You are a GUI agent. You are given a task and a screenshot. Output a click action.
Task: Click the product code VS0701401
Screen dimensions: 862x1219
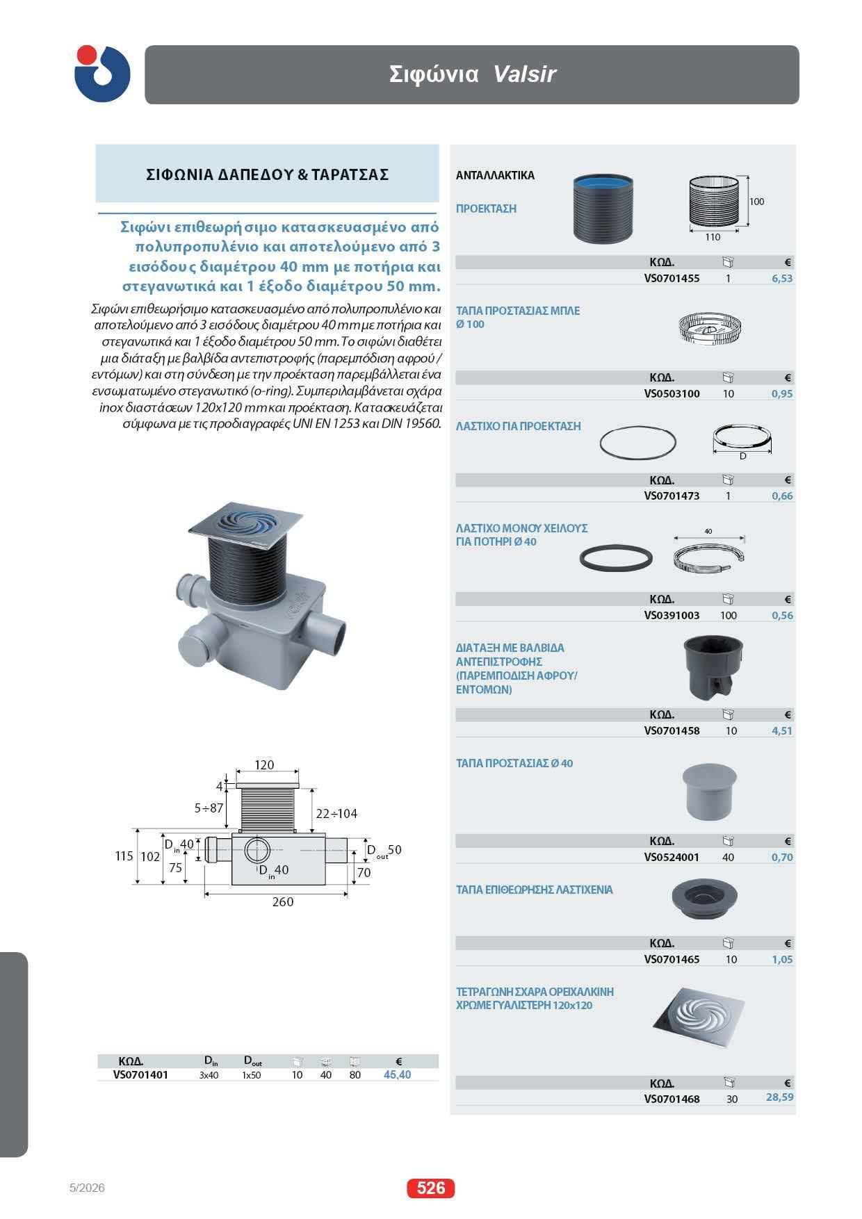(x=140, y=1074)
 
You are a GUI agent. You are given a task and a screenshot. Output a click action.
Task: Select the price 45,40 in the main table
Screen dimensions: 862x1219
(x=397, y=1074)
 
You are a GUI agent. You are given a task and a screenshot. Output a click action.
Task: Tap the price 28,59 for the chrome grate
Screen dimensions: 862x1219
(x=779, y=1097)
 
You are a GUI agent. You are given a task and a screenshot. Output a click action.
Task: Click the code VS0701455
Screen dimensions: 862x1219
(x=672, y=278)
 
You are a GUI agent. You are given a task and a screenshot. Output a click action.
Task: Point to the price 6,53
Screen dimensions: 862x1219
(x=782, y=278)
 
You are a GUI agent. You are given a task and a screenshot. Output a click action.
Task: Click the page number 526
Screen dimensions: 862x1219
(x=430, y=1188)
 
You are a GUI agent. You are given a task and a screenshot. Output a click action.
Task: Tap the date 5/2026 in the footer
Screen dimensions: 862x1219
(x=87, y=1188)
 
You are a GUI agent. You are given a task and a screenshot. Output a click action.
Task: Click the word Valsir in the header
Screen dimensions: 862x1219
(x=524, y=74)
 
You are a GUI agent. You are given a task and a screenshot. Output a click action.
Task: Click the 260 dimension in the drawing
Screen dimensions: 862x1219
(x=283, y=901)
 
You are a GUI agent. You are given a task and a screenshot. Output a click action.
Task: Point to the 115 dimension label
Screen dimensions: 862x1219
(x=124, y=856)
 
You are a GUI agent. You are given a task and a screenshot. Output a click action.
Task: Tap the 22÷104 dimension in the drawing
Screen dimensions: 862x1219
(x=336, y=813)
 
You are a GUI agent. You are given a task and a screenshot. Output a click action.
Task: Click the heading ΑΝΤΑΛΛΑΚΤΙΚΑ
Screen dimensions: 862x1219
(x=495, y=176)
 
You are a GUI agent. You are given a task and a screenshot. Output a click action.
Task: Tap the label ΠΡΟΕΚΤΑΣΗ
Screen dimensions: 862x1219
(x=486, y=208)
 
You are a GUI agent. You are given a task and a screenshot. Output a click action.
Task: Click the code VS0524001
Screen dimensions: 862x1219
(x=672, y=857)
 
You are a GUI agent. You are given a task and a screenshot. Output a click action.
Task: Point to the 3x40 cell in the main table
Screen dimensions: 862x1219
(x=209, y=1074)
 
